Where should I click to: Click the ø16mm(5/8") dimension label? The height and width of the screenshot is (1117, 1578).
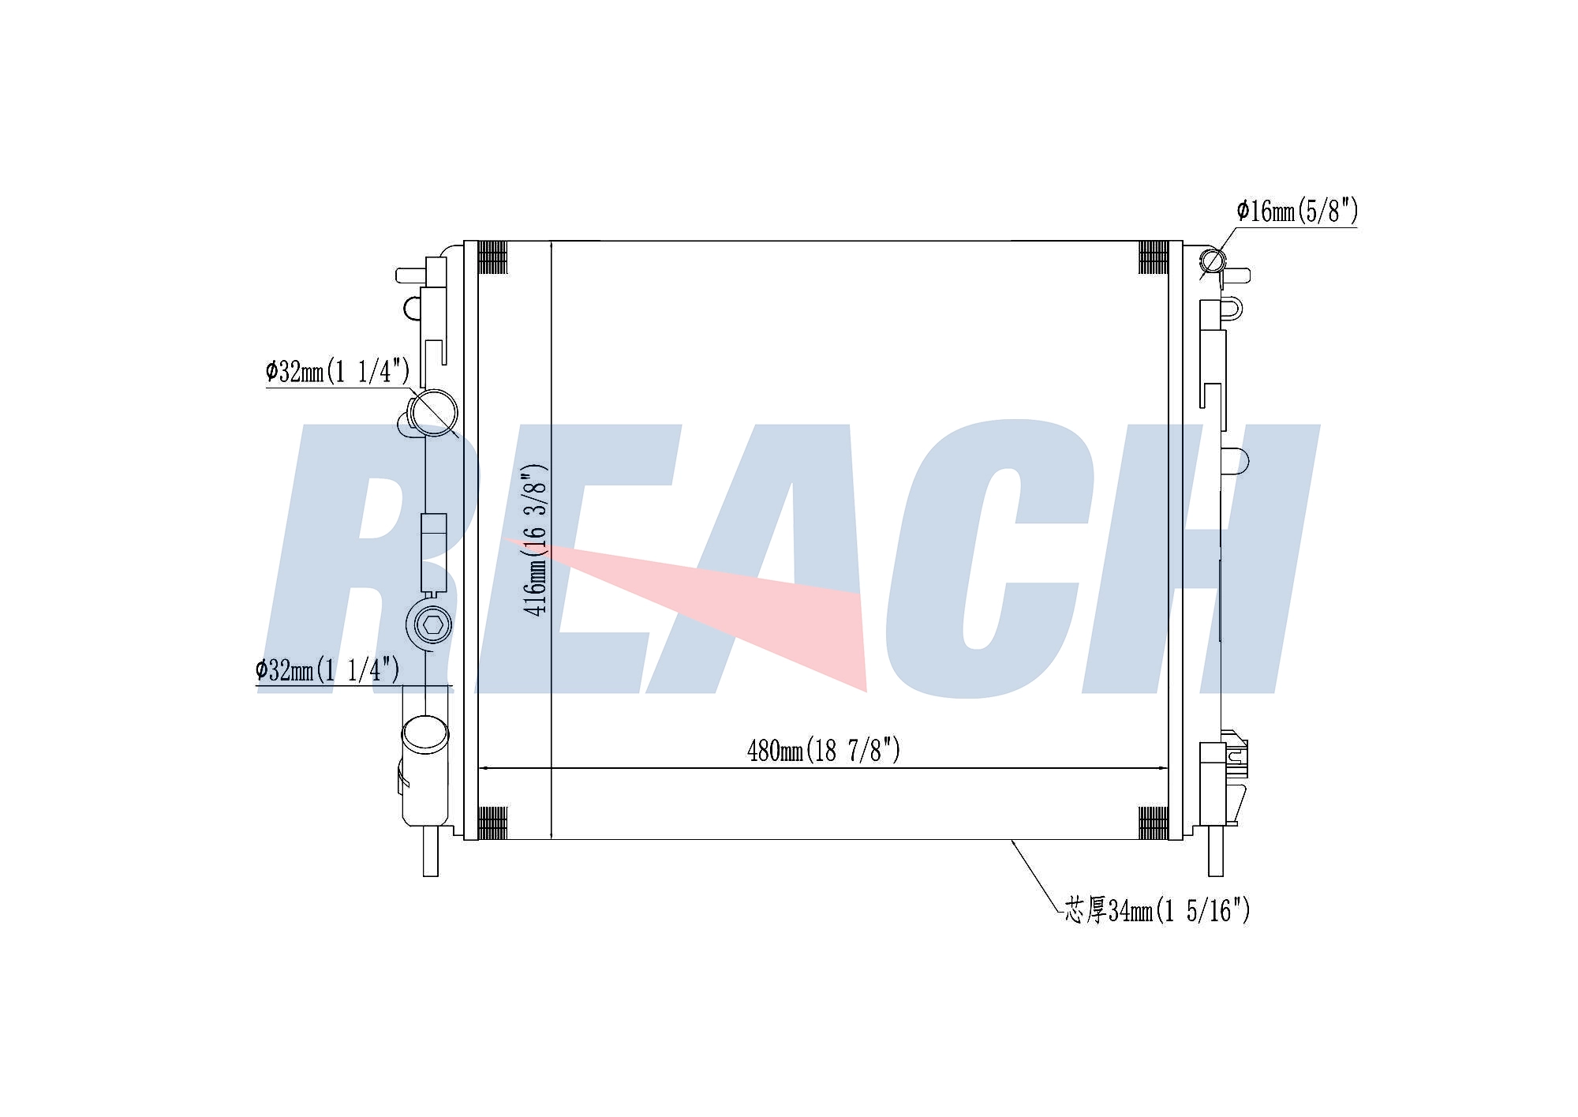[x=1297, y=211]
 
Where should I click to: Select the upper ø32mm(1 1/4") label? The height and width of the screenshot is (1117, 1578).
[x=338, y=370]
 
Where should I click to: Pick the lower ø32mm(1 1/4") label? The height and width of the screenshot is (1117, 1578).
[x=327, y=670]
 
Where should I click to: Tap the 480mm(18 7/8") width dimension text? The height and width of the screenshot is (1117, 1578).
[x=824, y=749]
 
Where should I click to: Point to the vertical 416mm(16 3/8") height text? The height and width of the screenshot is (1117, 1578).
[x=535, y=540]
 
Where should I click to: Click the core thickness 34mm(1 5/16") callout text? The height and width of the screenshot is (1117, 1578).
[x=1157, y=910]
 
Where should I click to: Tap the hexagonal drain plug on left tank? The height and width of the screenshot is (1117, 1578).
[x=432, y=625]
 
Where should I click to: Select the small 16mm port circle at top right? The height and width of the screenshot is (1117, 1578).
[x=1213, y=261]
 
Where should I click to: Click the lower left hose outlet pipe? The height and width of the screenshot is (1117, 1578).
[x=425, y=770]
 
